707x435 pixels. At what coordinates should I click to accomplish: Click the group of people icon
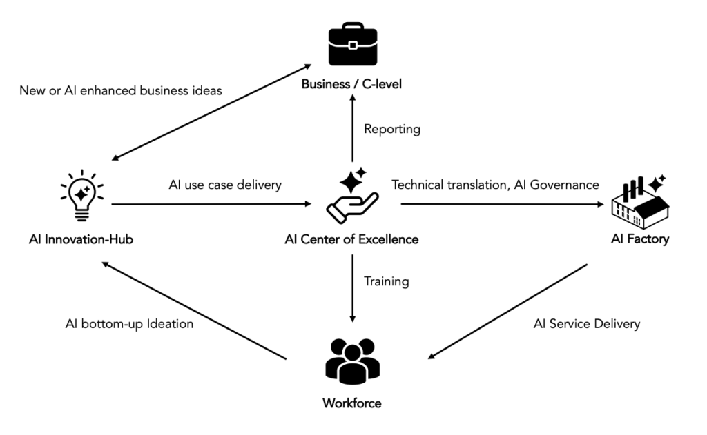tap(352, 361)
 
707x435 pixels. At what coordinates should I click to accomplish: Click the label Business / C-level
tap(351, 85)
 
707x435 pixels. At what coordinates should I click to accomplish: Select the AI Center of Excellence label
tap(351, 240)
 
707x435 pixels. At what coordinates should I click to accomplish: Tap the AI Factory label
tap(639, 240)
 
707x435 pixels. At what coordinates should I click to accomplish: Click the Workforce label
tap(351, 403)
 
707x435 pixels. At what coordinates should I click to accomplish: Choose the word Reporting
tap(392, 129)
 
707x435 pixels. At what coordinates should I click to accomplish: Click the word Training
tap(387, 281)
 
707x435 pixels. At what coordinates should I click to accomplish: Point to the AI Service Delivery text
tap(587, 323)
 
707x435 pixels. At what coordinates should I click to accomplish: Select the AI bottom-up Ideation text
tap(129, 323)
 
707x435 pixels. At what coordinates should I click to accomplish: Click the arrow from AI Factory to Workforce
tap(508, 310)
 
